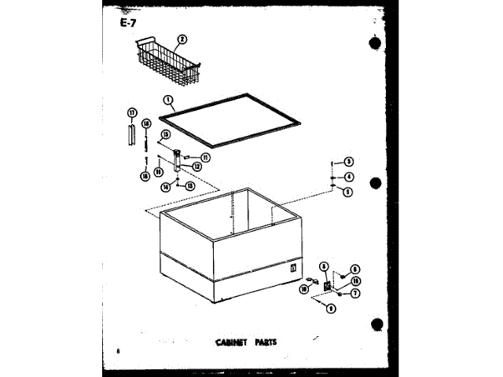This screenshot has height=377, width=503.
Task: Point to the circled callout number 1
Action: pyautogui.click(x=168, y=100)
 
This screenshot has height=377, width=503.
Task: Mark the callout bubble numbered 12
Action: pyautogui.click(x=196, y=167)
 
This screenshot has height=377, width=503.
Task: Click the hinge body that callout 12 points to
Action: pyautogui.click(x=178, y=162)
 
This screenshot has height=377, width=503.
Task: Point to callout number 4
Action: pyautogui.click(x=348, y=177)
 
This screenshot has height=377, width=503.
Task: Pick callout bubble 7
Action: pyautogui.click(x=355, y=293)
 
